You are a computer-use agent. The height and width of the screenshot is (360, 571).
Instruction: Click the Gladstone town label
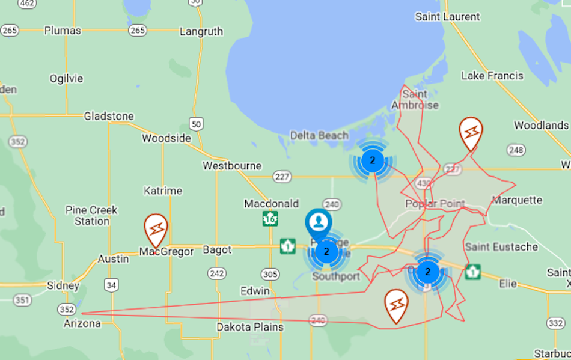point(109,116)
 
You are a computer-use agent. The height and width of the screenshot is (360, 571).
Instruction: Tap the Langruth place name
point(201,31)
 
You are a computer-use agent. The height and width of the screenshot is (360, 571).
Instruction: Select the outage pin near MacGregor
point(156,229)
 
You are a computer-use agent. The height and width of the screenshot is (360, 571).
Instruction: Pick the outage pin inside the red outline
point(396,305)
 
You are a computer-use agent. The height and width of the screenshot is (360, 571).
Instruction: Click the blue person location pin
point(318,224)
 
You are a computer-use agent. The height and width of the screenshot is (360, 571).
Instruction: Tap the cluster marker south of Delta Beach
point(373,160)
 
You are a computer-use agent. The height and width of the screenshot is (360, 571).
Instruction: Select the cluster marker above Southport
point(326,251)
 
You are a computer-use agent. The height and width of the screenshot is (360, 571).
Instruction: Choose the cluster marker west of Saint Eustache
point(427,272)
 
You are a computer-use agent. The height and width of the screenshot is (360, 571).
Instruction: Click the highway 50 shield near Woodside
point(196,124)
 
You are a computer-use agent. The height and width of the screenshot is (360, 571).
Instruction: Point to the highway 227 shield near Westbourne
point(281,177)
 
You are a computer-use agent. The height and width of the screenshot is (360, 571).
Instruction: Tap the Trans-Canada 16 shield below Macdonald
point(270,219)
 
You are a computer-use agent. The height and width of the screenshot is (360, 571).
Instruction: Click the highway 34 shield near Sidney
point(111,285)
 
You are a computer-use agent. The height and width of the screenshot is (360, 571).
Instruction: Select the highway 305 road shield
point(270,275)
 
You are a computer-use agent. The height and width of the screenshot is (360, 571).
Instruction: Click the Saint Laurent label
point(448,17)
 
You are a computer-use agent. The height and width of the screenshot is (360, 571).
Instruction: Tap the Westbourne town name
point(232,166)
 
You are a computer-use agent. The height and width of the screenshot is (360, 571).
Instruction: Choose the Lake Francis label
point(492,76)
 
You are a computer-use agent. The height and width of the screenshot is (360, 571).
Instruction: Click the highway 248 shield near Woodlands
point(516,150)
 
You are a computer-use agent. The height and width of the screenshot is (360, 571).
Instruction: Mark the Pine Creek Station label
point(91,216)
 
